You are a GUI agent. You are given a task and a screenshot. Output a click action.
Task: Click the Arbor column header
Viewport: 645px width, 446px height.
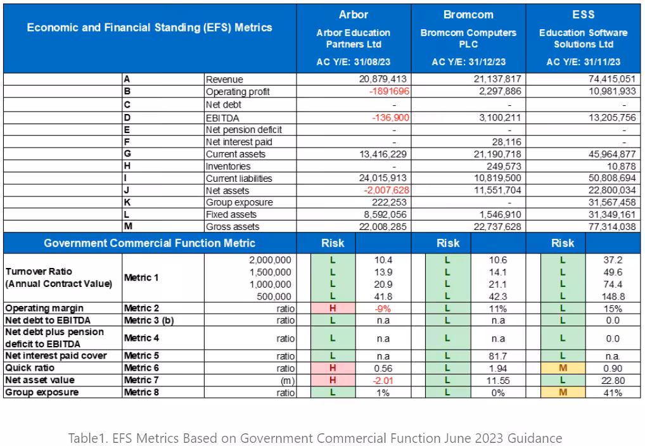click(354, 15)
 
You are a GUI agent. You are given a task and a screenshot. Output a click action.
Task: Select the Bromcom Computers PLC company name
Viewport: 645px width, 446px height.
click(468, 39)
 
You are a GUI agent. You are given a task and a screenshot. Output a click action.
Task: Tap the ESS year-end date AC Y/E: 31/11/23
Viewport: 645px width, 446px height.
click(583, 62)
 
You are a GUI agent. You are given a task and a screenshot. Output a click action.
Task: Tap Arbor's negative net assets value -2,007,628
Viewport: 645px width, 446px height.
click(386, 190)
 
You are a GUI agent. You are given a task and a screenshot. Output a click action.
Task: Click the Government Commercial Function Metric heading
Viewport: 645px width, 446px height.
click(150, 243)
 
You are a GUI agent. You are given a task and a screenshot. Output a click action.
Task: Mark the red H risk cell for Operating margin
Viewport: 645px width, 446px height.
click(333, 309)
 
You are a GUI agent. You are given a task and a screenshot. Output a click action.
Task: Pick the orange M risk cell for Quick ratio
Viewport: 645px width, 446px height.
click(563, 368)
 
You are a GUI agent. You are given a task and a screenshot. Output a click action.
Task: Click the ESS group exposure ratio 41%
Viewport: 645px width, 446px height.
click(613, 393)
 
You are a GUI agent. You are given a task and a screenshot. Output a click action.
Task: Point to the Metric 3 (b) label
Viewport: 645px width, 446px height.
click(149, 321)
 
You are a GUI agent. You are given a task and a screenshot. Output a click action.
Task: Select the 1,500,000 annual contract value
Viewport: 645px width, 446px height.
click(270, 272)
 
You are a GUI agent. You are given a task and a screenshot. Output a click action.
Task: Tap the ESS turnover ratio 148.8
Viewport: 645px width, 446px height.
click(613, 296)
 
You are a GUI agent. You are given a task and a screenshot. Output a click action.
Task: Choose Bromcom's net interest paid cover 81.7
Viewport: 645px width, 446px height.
click(498, 356)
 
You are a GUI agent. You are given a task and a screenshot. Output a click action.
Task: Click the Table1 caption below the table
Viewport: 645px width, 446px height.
click(315, 438)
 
